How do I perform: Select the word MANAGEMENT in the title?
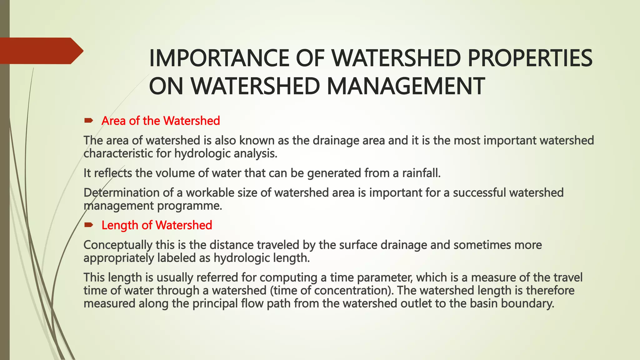tap(405, 87)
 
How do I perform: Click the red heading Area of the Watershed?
tap(161, 121)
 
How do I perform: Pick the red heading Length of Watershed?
tap(157, 225)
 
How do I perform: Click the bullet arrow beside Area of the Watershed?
tap(88, 121)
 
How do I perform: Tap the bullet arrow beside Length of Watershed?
tap(88, 225)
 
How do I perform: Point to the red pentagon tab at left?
tap(41, 51)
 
